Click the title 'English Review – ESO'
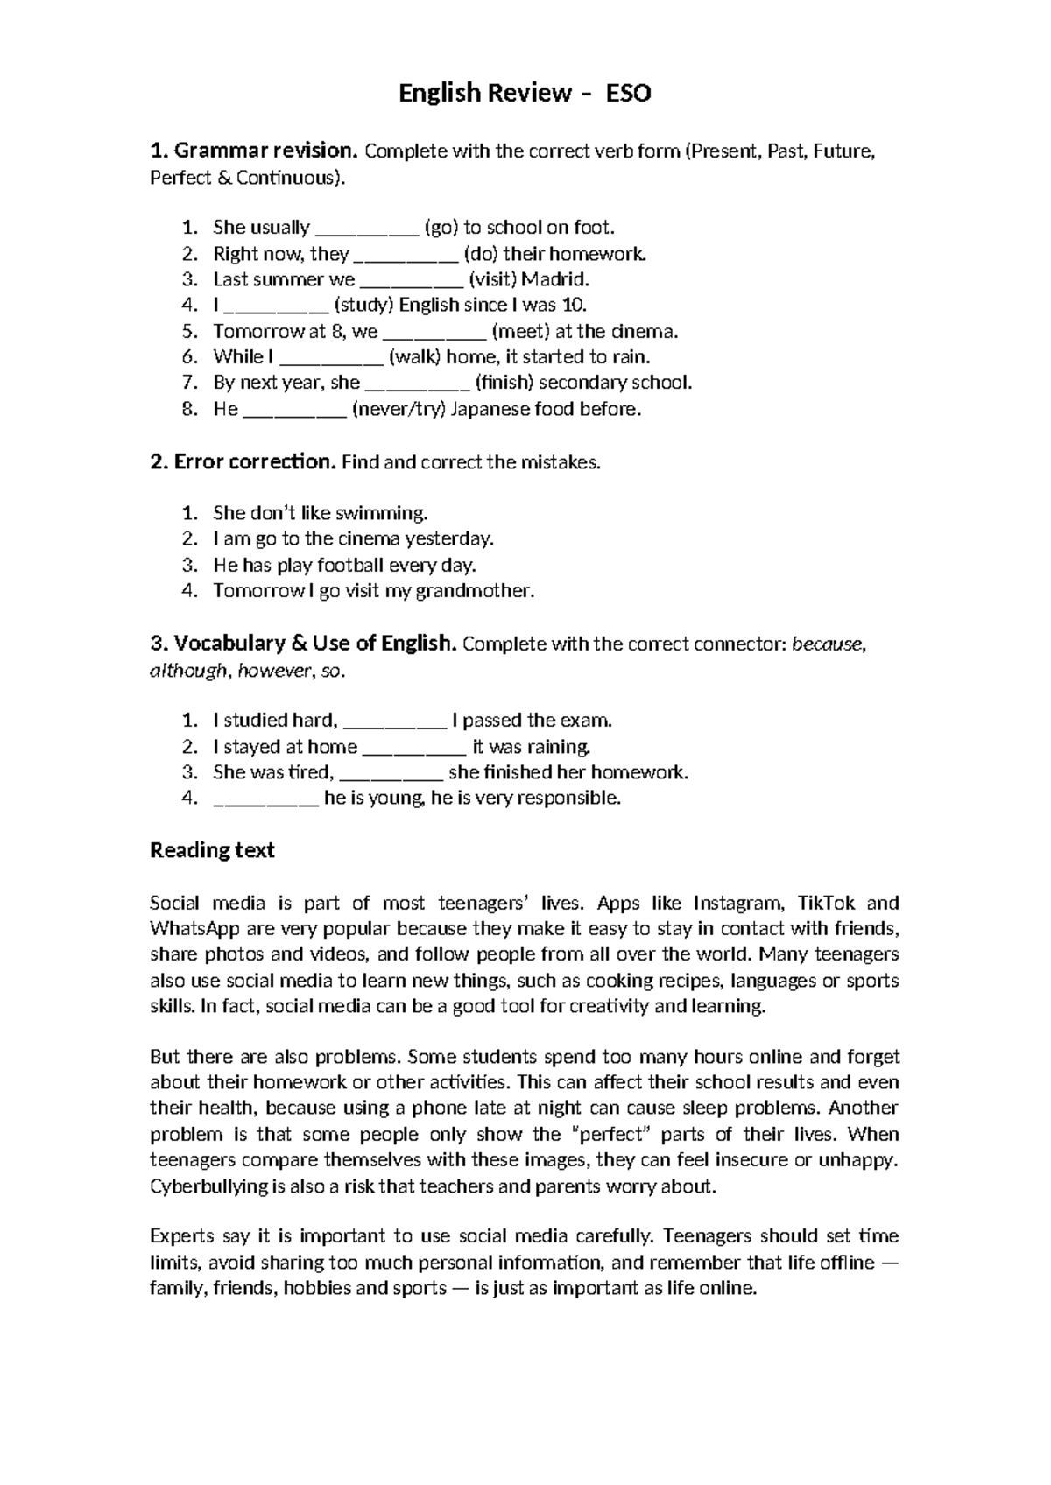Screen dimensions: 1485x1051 525,93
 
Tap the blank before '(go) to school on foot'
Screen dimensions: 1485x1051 367,229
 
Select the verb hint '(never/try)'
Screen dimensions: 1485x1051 399,409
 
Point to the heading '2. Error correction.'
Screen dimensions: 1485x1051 243,461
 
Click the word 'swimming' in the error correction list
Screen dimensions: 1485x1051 386,512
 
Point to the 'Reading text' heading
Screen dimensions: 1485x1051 212,850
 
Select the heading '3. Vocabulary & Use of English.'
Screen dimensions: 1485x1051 303,644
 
